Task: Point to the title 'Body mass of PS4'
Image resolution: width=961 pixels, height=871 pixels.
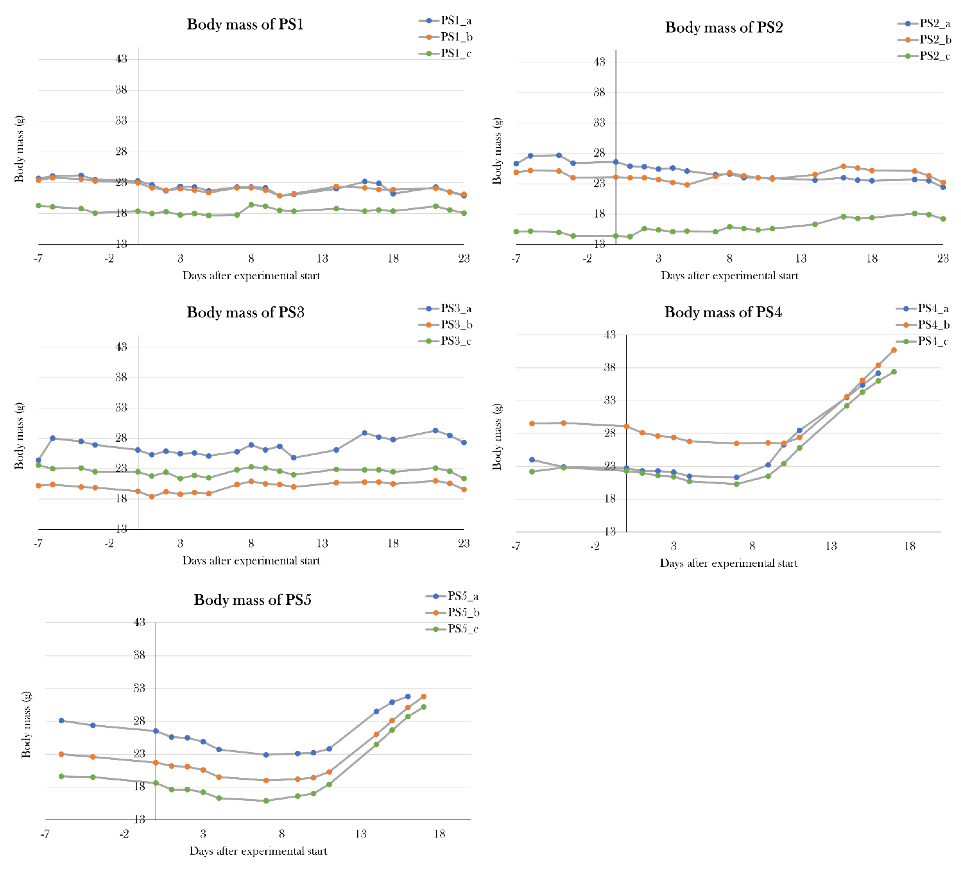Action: pos(723,312)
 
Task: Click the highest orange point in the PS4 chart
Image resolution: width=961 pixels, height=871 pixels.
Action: pos(894,350)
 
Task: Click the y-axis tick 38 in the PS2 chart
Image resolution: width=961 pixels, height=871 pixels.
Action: pos(599,92)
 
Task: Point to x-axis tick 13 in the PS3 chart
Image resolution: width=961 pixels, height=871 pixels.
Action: pos(322,543)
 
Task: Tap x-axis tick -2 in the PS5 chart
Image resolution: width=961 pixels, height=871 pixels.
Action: pos(124,834)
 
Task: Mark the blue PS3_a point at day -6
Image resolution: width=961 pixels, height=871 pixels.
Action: pos(52,438)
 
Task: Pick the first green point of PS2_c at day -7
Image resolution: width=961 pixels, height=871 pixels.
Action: pos(516,232)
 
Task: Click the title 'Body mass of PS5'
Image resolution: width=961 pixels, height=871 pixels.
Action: pos(252,600)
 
